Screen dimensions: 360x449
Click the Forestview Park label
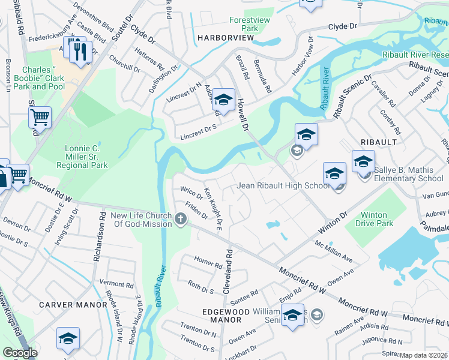244,24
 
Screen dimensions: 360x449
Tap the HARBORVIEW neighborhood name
225,38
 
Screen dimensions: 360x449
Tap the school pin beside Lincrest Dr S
223,101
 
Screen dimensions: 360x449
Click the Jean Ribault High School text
282,185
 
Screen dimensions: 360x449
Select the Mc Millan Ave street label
334,251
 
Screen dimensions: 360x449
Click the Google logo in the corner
20,353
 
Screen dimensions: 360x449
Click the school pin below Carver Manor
68,339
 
